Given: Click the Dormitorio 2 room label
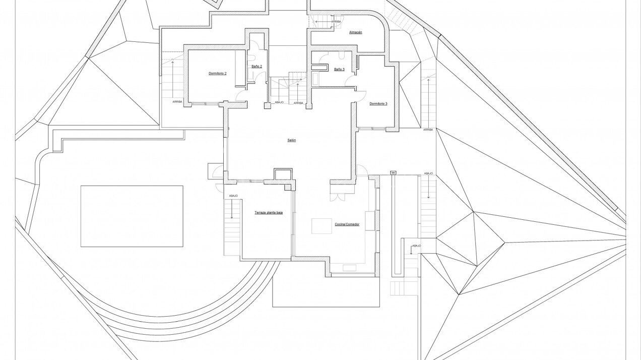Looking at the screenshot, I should click(x=217, y=74).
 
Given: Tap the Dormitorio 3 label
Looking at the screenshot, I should click(x=378, y=104).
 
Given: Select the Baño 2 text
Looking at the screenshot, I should click(x=257, y=67).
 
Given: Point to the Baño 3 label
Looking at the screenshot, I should click(x=339, y=70).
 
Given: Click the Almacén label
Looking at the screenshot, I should click(x=355, y=32).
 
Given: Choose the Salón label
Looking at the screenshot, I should click(x=291, y=140).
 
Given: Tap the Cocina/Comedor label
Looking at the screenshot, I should click(x=347, y=224).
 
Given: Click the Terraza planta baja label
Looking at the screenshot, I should click(x=268, y=213).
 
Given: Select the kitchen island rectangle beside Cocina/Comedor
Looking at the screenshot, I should click(x=322, y=226).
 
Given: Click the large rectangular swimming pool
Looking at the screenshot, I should click(x=132, y=216).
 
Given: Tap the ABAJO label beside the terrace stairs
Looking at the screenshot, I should click(x=233, y=196).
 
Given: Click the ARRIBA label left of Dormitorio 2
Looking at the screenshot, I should click(x=177, y=101).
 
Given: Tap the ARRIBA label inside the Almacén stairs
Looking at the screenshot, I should click(x=336, y=22).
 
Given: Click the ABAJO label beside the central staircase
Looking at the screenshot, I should click(x=279, y=103).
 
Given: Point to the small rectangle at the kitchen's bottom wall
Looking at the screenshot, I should click(x=349, y=267).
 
